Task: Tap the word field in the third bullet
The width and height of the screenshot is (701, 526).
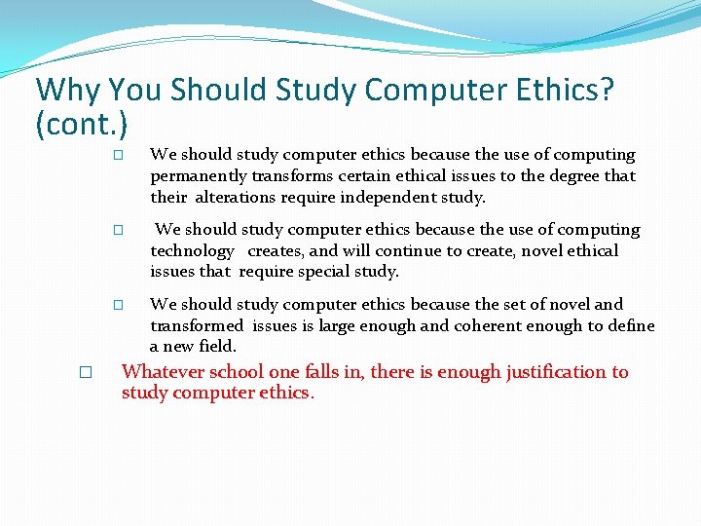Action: (x=217, y=347)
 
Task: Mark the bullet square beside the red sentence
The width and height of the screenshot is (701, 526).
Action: (x=86, y=372)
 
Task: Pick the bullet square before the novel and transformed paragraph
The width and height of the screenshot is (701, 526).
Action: (x=117, y=306)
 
